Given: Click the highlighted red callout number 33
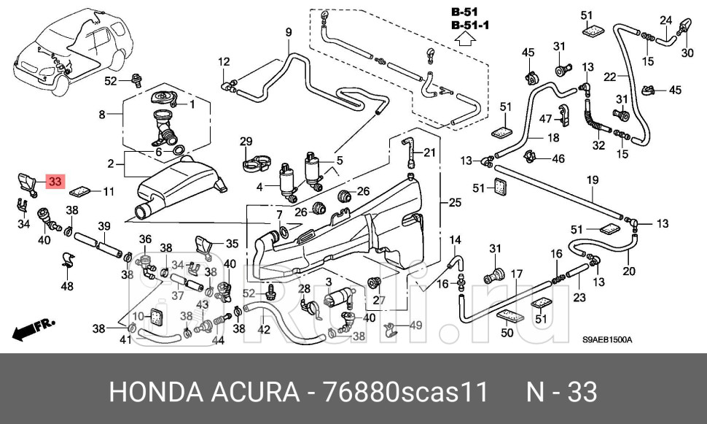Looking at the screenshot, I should click(x=56, y=181).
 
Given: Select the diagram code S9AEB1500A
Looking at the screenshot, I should click(x=606, y=340).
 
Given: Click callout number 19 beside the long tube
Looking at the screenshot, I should click(x=592, y=180).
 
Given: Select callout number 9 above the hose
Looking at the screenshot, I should click(x=288, y=32).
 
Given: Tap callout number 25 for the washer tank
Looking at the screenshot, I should click(x=455, y=202).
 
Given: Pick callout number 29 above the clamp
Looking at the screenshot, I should click(x=246, y=142).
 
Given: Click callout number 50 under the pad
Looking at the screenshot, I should click(x=507, y=334).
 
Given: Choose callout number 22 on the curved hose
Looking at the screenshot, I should click(x=609, y=76).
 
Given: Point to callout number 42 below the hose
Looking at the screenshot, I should click(x=264, y=329).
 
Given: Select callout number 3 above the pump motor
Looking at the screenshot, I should click(x=329, y=282).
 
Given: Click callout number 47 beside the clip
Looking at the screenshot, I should click(x=545, y=118).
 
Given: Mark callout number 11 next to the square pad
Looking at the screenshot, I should click(x=109, y=192).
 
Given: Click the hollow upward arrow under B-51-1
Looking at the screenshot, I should click(x=469, y=41).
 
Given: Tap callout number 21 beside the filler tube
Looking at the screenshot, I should click(x=429, y=153).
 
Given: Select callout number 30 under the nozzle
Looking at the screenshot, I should click(x=687, y=53).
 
